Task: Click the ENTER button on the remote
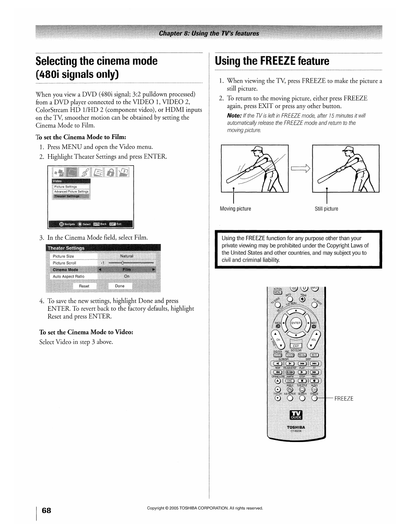coord(296,323)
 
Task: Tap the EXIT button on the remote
coord(296,346)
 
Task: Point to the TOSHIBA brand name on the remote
coord(296,427)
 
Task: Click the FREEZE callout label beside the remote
coord(344,399)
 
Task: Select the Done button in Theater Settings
coord(120,286)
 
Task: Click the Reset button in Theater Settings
coord(84,286)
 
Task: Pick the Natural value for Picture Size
coord(127,256)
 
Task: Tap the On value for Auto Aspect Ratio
coord(127,276)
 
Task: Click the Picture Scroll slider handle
coord(123,263)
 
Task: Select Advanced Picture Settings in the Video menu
coord(71,192)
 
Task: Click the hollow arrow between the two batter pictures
coord(300,169)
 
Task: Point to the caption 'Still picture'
coord(326,209)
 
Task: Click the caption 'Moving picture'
coord(235,209)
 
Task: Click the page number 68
coord(47,510)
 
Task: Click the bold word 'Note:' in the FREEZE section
coord(234,116)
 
